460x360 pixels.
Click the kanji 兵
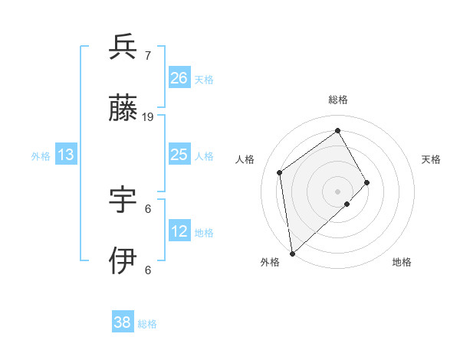[x=123, y=47]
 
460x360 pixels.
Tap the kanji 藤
[x=123, y=110]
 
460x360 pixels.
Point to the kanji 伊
[x=123, y=260]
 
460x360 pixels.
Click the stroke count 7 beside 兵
[x=148, y=56]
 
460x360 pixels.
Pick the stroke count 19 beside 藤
[x=148, y=117]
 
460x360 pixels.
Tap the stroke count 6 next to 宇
[x=148, y=208]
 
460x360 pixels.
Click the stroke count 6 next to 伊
[x=148, y=269]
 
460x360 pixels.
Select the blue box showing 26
[x=179, y=78]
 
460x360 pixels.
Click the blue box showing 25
[x=179, y=155]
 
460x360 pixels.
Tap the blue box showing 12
[x=179, y=231]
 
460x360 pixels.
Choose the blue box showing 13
[x=66, y=155]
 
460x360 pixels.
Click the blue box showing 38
[x=123, y=322]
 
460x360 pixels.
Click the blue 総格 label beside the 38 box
[x=147, y=324]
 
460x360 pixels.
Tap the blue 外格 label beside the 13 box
[x=41, y=156]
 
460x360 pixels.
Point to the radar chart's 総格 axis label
[x=338, y=100]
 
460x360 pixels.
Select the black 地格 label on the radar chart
[x=402, y=262]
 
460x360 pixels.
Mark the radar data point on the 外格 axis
[x=292, y=253]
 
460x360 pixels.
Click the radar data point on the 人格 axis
[x=280, y=172]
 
